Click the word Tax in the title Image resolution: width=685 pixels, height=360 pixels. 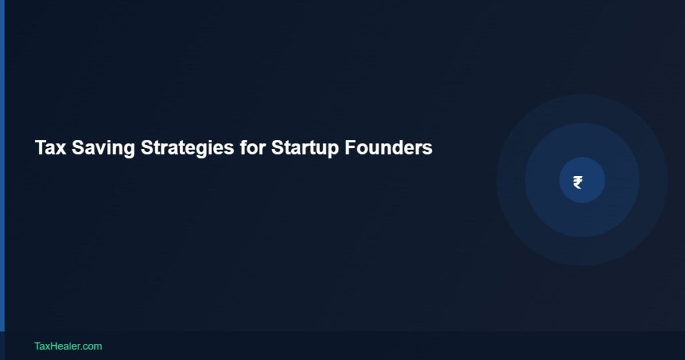click(x=50, y=148)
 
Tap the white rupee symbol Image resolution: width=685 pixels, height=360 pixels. click(x=577, y=182)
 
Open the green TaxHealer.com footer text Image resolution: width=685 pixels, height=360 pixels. click(x=68, y=346)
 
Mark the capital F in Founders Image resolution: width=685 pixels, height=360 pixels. click(x=350, y=148)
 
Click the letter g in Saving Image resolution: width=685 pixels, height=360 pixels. click(x=130, y=149)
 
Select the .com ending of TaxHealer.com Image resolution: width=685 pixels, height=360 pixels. click(x=92, y=346)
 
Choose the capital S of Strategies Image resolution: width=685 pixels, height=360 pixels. click(x=146, y=148)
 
